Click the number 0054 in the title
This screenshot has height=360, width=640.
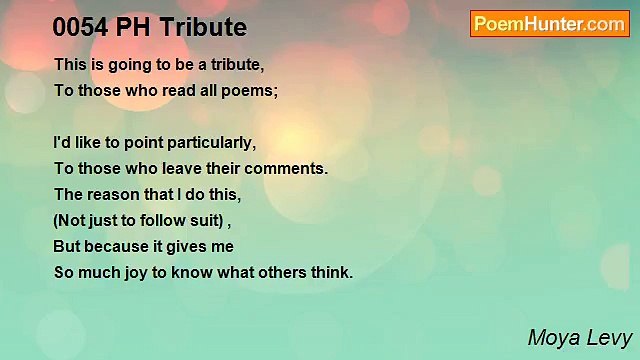(x=79, y=26)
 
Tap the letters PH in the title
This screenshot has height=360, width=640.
(x=134, y=26)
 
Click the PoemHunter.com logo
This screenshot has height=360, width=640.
(x=549, y=24)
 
